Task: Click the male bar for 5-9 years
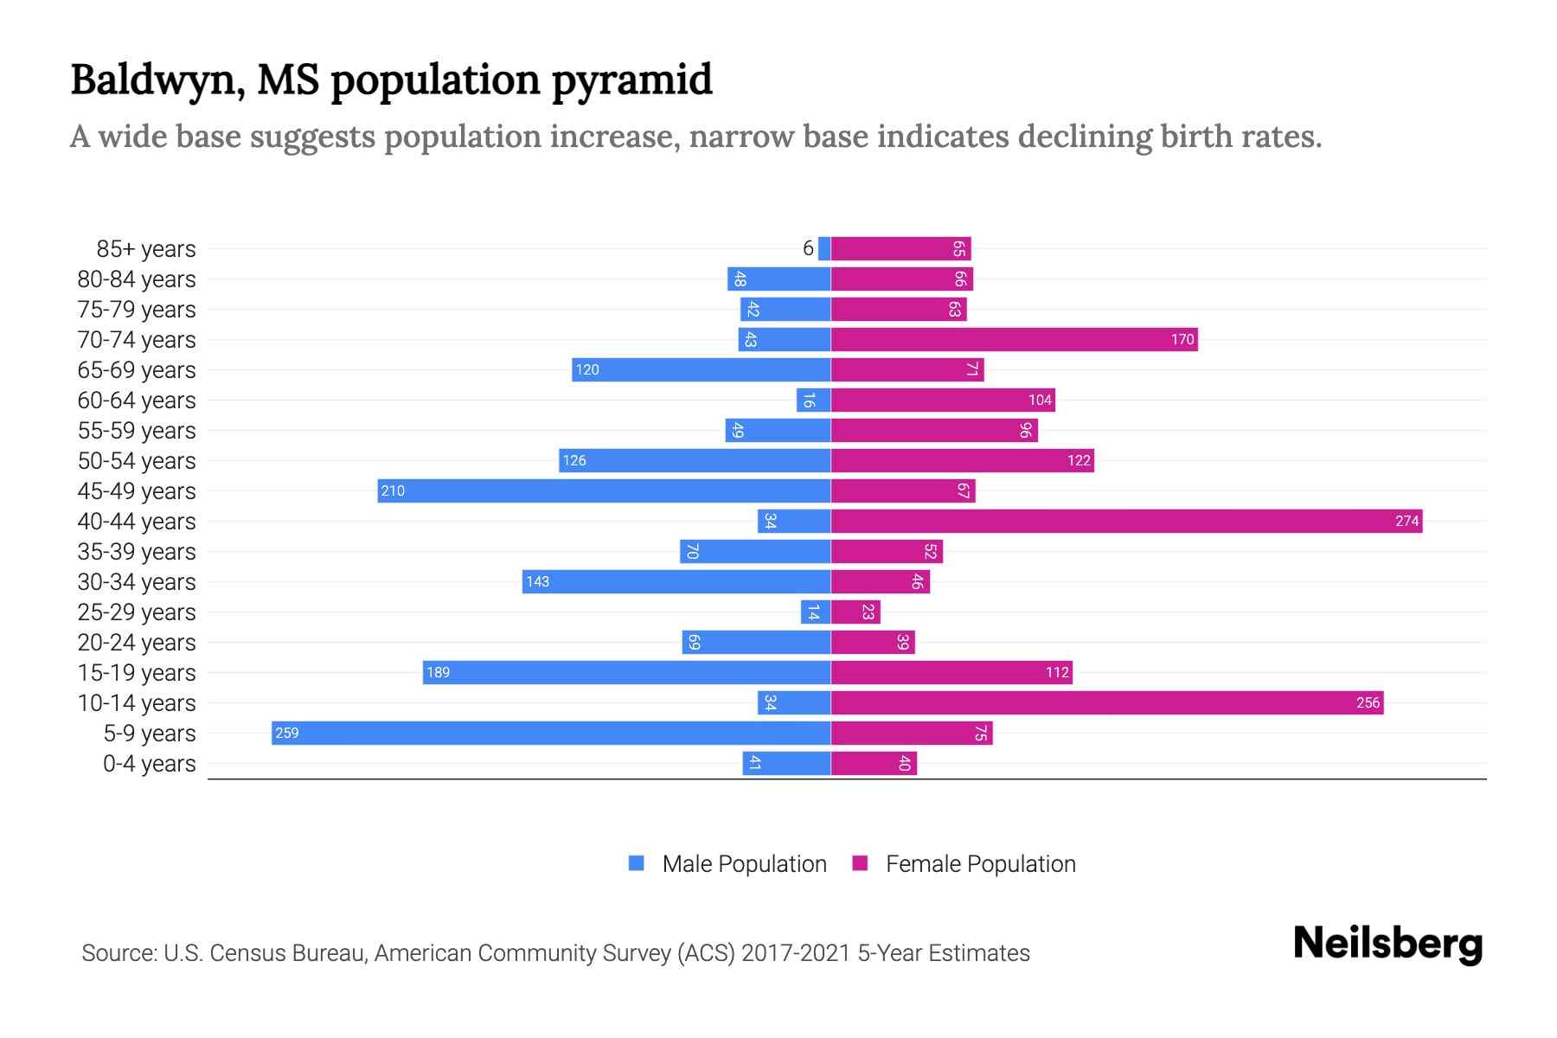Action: (x=551, y=733)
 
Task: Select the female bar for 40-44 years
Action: (x=1126, y=521)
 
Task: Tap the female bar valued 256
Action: (x=1107, y=702)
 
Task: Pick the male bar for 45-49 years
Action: (x=604, y=490)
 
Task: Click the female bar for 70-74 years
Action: (x=1014, y=339)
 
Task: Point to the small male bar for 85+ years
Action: (x=824, y=248)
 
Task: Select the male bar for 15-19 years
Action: (x=626, y=672)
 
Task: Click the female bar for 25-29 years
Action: (x=855, y=612)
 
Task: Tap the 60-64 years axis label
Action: (x=137, y=400)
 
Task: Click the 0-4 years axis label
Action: (x=149, y=764)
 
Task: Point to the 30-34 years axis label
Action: (x=137, y=582)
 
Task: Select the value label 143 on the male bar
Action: (x=538, y=581)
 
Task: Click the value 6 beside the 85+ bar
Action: (x=808, y=248)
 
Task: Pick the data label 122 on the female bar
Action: (x=1079, y=460)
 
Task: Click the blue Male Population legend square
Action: (x=637, y=863)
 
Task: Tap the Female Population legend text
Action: (x=980, y=864)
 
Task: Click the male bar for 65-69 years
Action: (x=701, y=369)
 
